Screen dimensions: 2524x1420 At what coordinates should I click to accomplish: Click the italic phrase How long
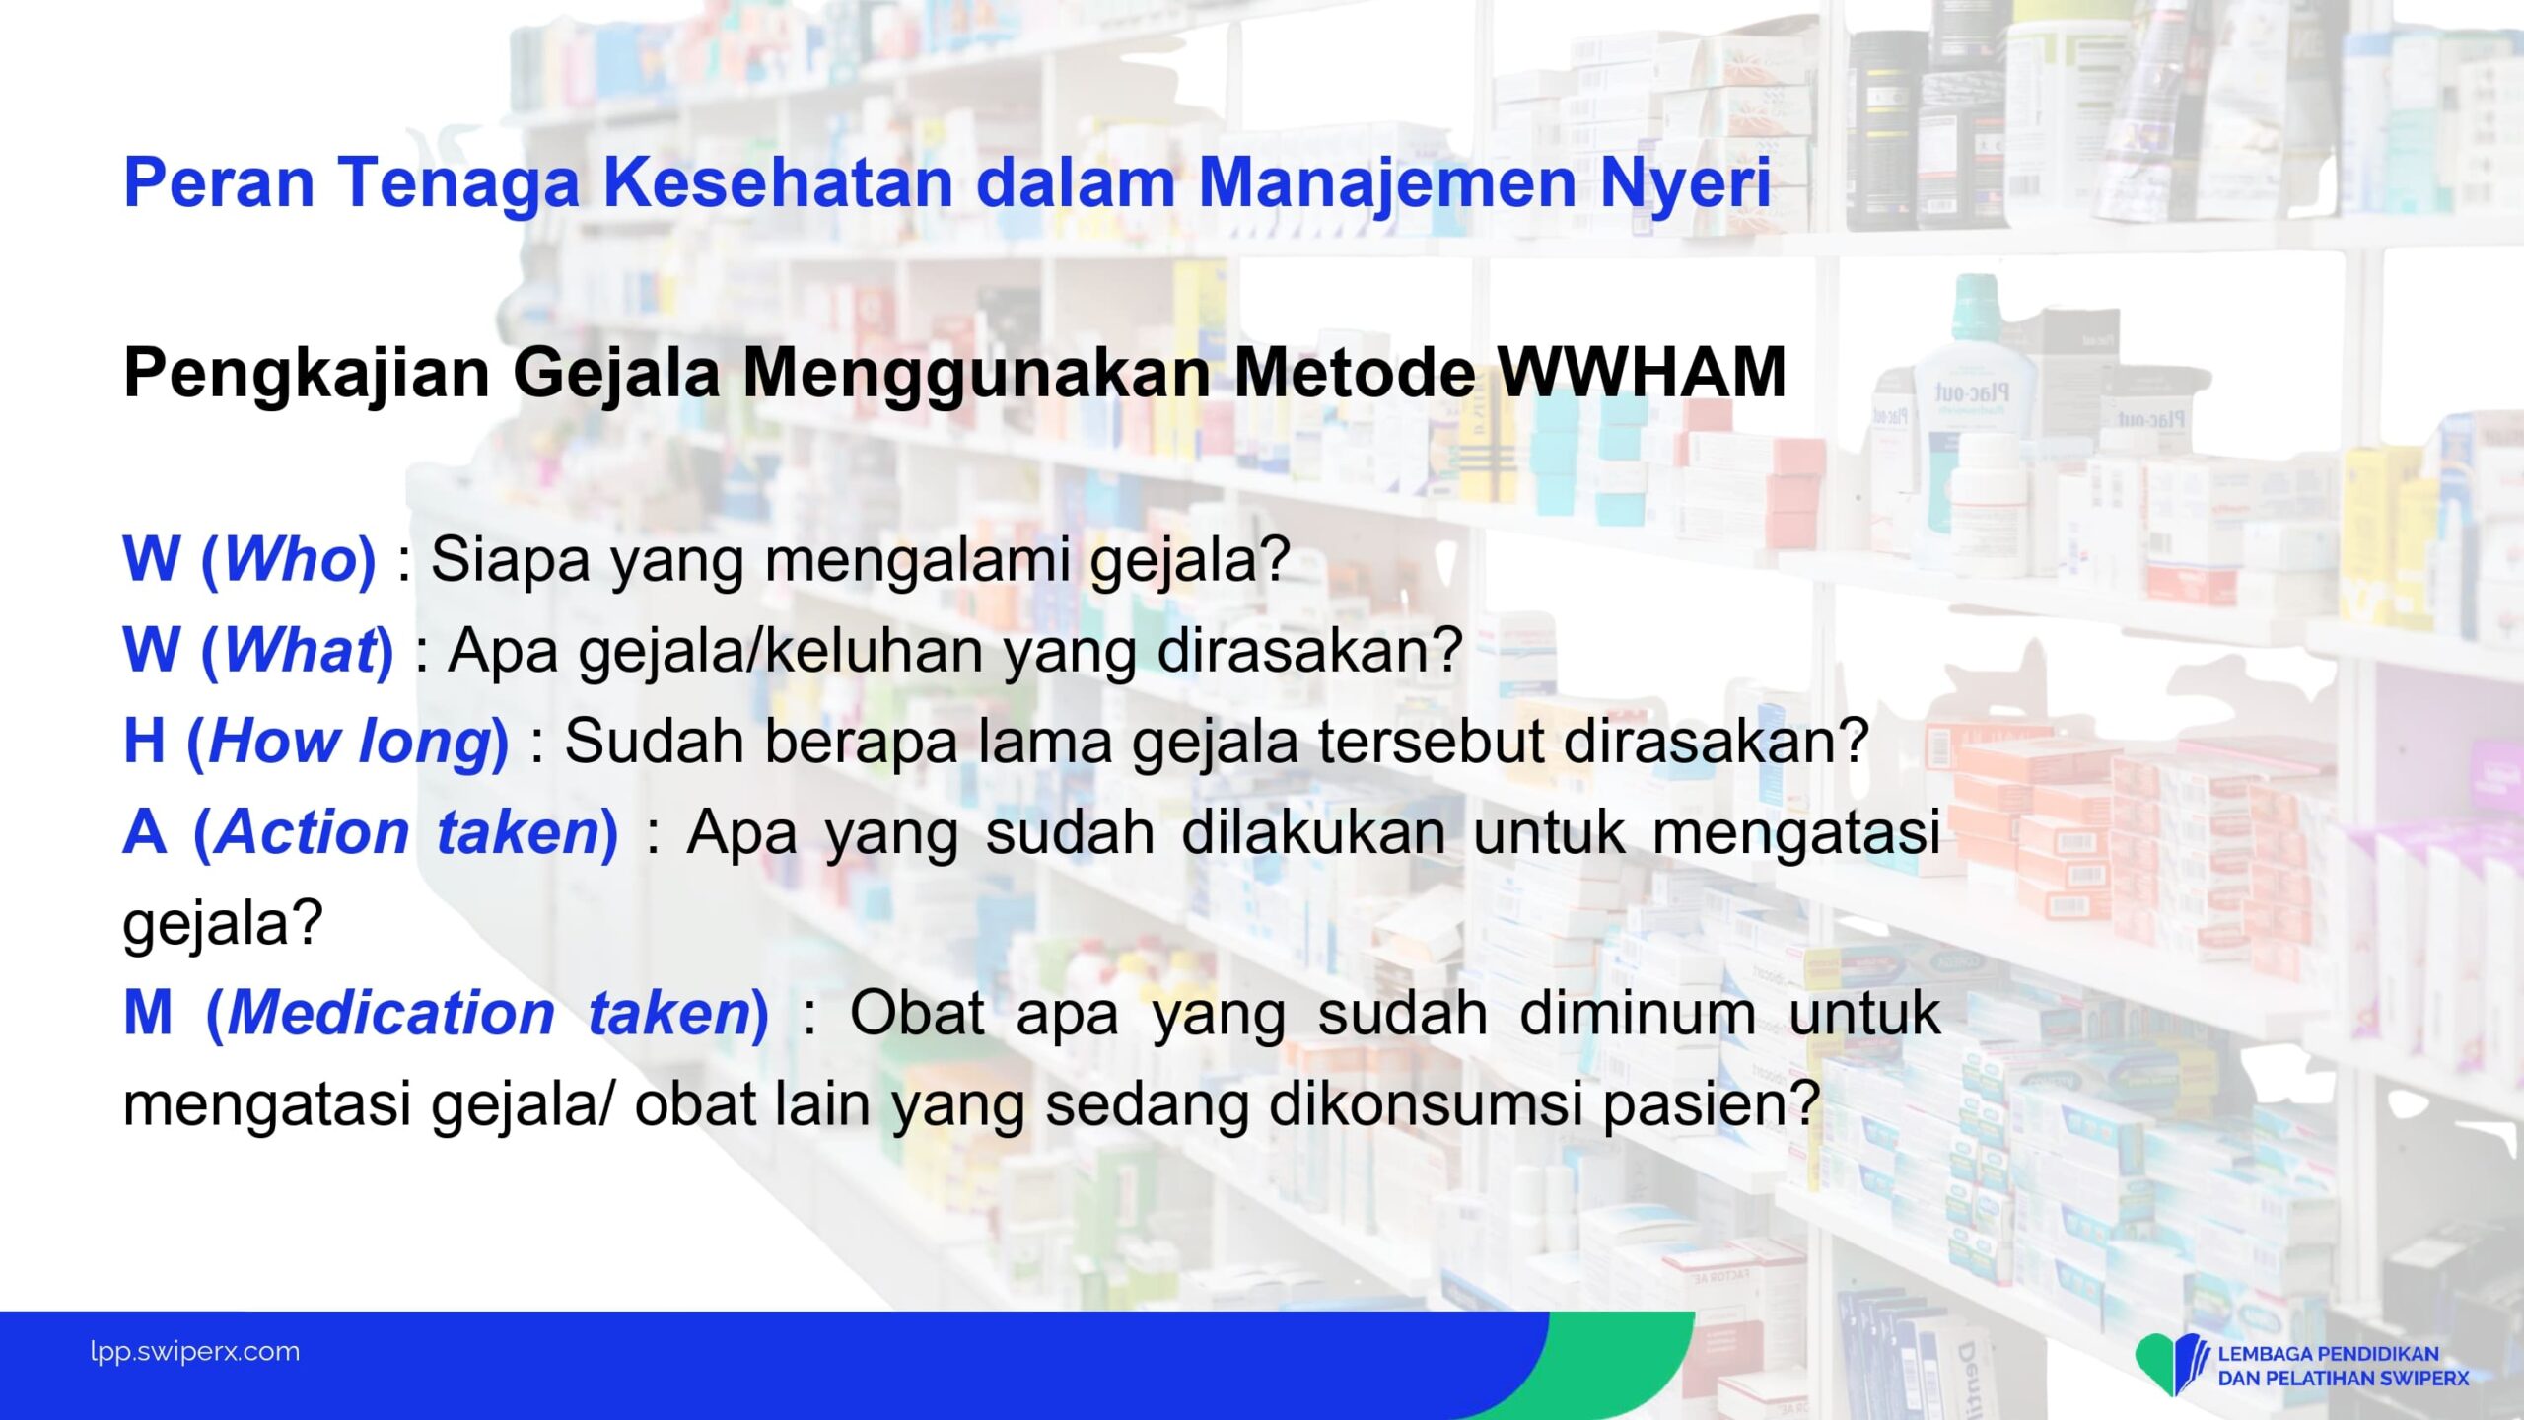tap(350, 743)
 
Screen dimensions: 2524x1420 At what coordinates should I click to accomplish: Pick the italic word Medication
tap(391, 1013)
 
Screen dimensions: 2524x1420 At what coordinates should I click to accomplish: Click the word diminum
tap(1638, 1013)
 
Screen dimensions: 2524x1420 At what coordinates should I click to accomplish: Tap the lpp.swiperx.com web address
tap(194, 1352)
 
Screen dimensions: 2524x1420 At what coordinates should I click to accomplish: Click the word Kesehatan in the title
tap(778, 182)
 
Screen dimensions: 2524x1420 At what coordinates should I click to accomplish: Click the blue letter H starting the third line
tap(144, 741)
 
